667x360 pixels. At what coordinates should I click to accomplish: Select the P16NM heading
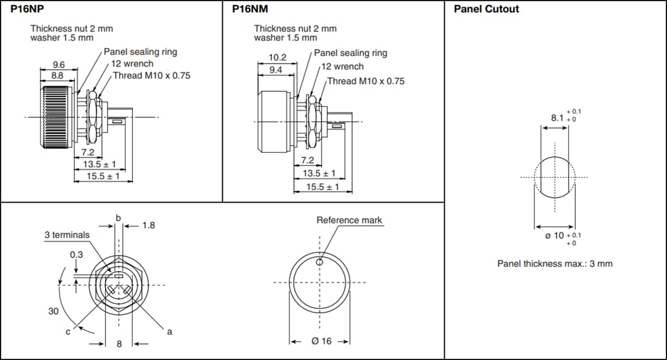tap(250, 9)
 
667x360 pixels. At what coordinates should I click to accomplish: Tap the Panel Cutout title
tap(486, 9)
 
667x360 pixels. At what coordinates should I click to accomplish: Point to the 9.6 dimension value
tap(58, 64)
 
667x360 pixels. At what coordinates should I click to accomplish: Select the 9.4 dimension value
tap(275, 70)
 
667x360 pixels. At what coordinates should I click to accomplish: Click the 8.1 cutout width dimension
tap(557, 117)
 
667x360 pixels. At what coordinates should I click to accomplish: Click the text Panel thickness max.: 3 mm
tap(555, 264)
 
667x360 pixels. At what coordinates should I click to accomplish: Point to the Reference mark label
tap(349, 220)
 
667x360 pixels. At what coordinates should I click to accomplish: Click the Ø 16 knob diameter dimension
tap(321, 341)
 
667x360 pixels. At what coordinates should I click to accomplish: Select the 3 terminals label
tap(67, 235)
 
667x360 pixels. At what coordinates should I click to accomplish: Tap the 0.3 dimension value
tap(76, 254)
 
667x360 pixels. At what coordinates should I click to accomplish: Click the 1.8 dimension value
tap(148, 225)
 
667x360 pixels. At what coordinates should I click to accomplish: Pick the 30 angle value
tap(54, 311)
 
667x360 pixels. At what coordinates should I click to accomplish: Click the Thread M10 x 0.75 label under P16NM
tap(366, 81)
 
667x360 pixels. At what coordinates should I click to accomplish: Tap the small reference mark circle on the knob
tap(319, 262)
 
